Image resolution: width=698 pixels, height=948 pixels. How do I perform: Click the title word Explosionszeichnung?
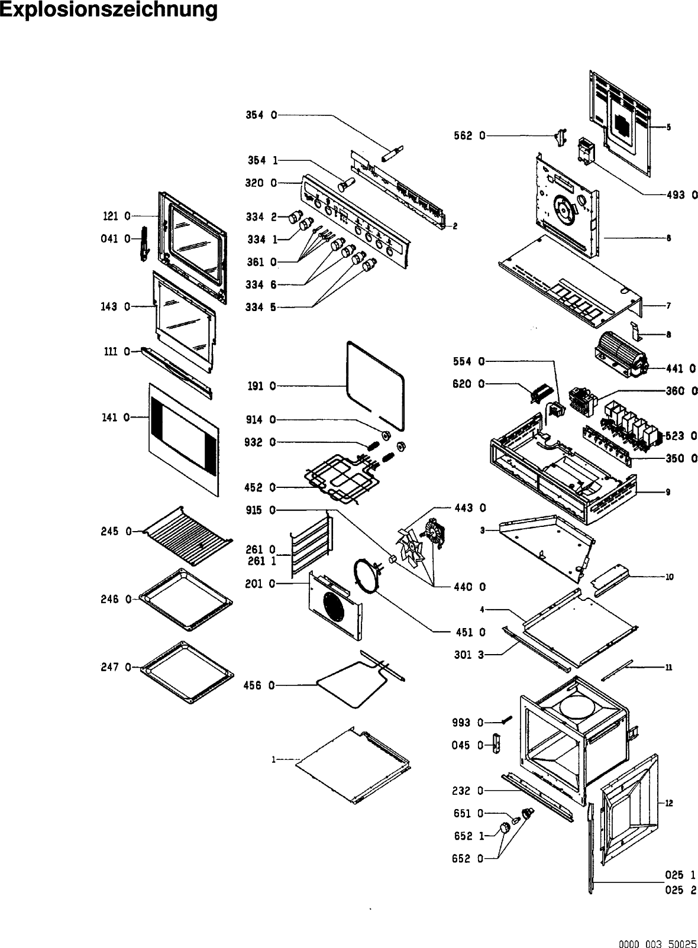pos(109,10)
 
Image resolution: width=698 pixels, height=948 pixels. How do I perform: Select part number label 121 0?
pos(117,217)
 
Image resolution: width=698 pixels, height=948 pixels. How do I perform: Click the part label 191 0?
pos(261,386)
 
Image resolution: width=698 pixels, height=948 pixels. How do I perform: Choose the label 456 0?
pos(259,685)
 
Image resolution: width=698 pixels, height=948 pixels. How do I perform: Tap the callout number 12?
pos(668,803)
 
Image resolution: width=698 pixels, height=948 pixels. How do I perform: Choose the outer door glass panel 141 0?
pos(183,438)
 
